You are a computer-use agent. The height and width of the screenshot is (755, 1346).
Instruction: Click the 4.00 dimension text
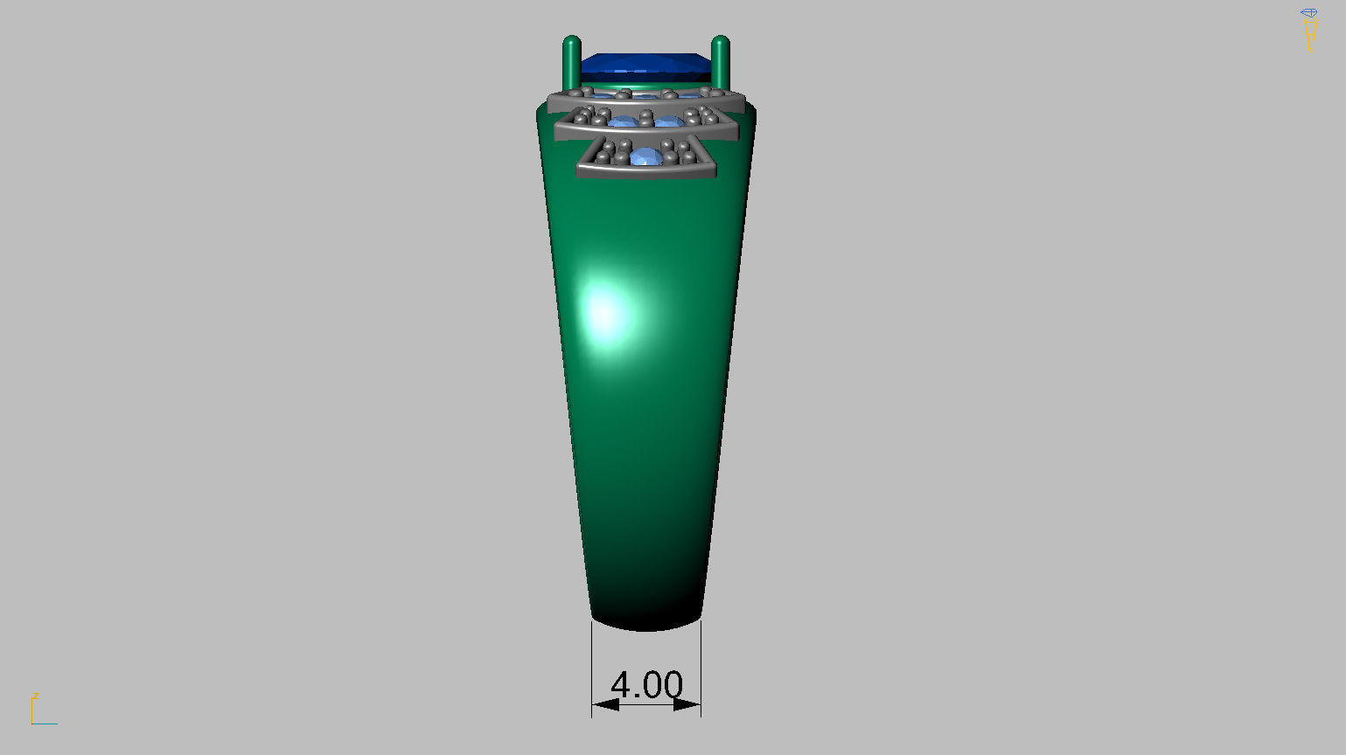646,684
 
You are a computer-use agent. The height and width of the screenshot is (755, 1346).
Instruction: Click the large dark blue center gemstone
645,64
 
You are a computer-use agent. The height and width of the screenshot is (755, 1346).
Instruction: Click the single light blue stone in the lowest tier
646,157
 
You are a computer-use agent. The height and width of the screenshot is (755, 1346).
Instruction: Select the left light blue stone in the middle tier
623,121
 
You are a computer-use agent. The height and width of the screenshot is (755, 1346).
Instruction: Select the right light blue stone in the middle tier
669,121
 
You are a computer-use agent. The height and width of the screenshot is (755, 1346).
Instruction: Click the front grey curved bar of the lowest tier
646,170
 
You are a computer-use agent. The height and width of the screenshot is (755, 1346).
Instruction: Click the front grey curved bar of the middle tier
646,131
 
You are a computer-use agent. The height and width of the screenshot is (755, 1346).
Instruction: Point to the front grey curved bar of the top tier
646,103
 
